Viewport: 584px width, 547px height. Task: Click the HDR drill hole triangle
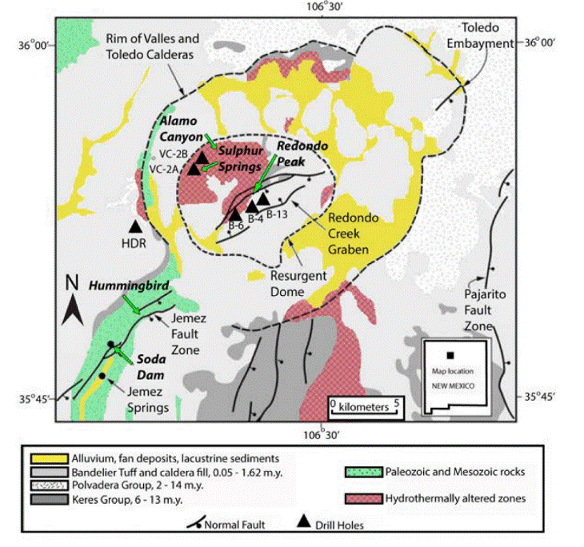point(137,228)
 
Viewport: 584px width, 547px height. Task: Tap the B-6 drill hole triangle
point(235,214)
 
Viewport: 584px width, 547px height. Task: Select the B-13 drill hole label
point(278,214)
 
